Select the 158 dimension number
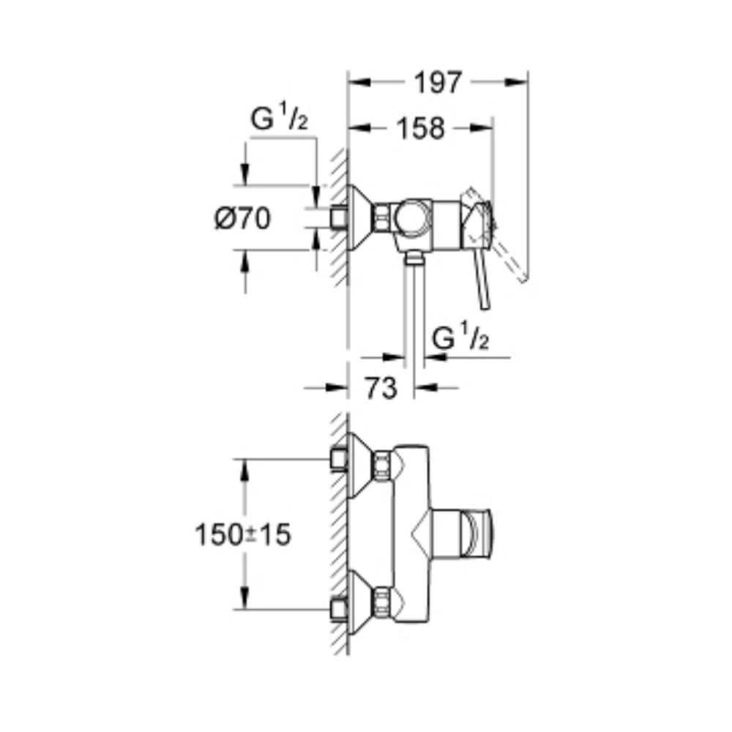coord(421,128)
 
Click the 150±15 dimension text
coord(243,535)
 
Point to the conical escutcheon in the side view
coord(360,217)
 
